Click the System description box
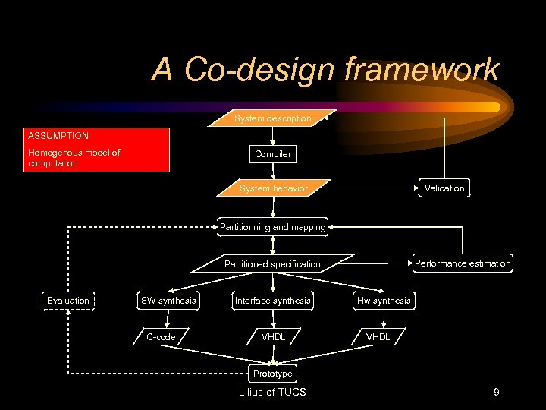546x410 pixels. tap(272, 118)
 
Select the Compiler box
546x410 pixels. tap(273, 154)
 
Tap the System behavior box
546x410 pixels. tap(273, 188)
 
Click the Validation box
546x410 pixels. tap(444, 188)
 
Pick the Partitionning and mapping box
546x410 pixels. tap(272, 226)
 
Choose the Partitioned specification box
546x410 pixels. tap(272, 264)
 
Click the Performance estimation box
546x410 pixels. tap(463, 263)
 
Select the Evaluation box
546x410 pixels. tap(68, 301)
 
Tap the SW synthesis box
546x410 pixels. tap(168, 301)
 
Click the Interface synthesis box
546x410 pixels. tap(272, 301)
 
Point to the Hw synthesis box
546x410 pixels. tap(384, 301)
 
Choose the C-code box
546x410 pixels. tap(161, 336)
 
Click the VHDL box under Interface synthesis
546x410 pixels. tap(273, 336)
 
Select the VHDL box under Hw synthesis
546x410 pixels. tap(378, 336)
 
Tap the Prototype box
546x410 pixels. tap(272, 374)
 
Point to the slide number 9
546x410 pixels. tap(496, 393)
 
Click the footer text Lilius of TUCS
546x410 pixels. tap(272, 393)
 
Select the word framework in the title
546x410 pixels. tap(422, 70)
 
